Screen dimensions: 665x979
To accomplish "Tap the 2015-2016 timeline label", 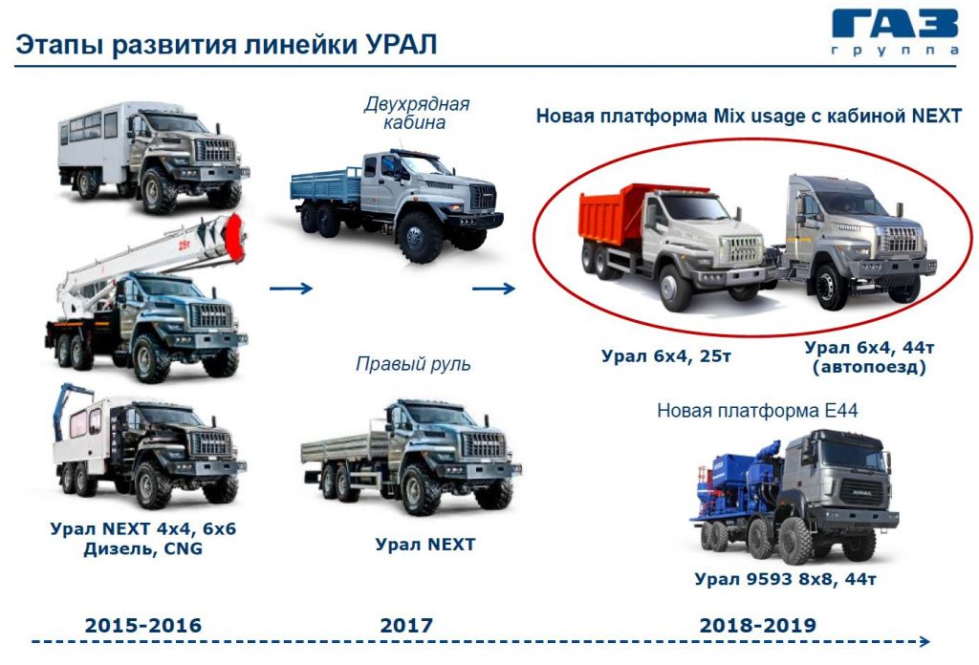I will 143,626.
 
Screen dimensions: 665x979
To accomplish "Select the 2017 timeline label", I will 406,626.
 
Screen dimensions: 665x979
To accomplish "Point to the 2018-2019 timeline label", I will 758,626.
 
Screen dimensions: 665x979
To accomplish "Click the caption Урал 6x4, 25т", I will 665,355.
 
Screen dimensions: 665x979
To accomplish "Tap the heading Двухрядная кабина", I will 417,113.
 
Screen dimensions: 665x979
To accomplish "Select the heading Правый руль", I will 413,364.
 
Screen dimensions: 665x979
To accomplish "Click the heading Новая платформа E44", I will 757,412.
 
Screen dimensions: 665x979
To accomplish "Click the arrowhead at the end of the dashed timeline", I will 923,642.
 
